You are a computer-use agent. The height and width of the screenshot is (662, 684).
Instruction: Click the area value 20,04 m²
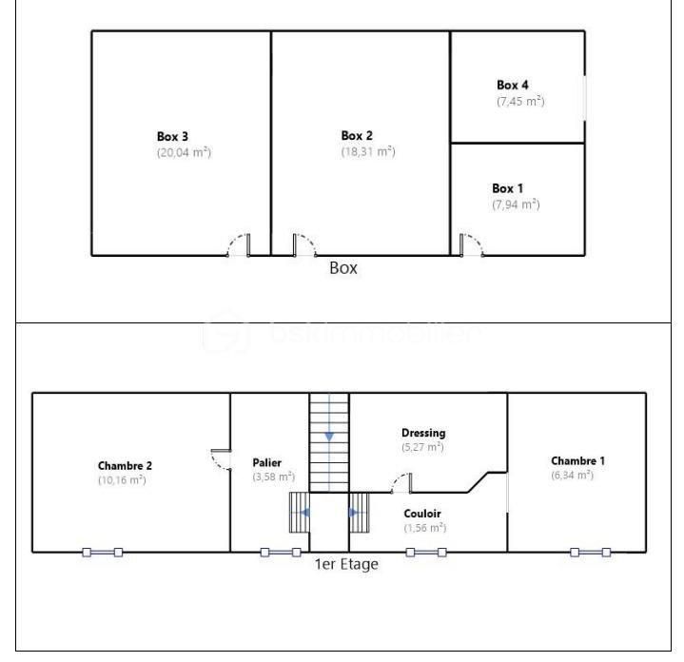pyautogui.click(x=184, y=152)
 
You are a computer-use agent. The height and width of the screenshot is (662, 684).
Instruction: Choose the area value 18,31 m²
pyautogui.click(x=368, y=151)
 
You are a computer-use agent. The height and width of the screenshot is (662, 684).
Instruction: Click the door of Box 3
pyautogui.click(x=239, y=245)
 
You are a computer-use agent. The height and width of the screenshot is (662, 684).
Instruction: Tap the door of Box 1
pyautogui.click(x=471, y=245)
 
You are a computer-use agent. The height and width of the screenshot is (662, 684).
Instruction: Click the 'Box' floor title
pyautogui.click(x=343, y=268)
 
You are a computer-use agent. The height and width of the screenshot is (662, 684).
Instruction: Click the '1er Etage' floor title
pyautogui.click(x=346, y=564)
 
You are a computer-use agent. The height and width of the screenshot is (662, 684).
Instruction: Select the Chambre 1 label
pyautogui.click(x=577, y=460)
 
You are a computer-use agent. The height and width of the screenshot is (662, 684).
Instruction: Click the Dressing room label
pyautogui.click(x=423, y=433)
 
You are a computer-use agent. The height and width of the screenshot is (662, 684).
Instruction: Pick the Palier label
pyautogui.click(x=267, y=462)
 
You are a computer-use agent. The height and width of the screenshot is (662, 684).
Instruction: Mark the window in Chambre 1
pyautogui.click(x=591, y=552)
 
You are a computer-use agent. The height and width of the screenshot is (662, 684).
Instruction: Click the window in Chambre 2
pyautogui.click(x=102, y=552)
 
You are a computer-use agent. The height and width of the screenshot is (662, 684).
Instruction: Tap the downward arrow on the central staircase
pyautogui.click(x=329, y=436)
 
